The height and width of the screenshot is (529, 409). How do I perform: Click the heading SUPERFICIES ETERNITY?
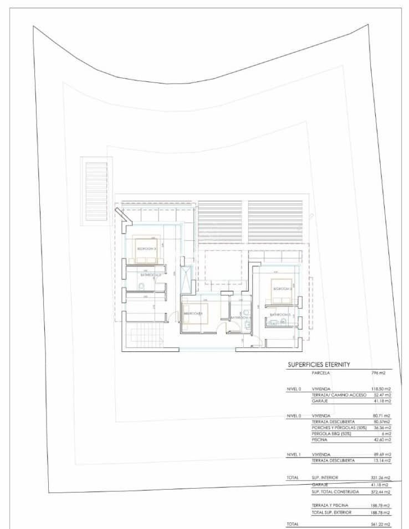pos(319,365)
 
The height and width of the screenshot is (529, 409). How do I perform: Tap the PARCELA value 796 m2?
pos(378,374)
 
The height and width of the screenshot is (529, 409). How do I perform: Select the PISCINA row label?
pos(320,440)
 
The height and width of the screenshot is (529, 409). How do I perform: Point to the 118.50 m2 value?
pos(381,389)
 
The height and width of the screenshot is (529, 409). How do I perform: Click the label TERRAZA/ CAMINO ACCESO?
pos(339,395)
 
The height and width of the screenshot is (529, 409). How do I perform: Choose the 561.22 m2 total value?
pos(381,523)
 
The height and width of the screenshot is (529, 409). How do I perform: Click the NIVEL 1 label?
pos(294,454)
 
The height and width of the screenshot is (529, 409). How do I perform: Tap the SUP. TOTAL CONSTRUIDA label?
pos(336,491)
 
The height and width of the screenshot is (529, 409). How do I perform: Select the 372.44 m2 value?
pos(381,491)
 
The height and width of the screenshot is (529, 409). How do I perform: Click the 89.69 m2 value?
pos(381,454)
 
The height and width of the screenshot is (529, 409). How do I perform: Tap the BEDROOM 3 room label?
pos(147,249)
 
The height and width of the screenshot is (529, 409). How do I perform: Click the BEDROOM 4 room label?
pos(193,314)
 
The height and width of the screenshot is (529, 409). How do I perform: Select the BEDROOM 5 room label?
pos(282,289)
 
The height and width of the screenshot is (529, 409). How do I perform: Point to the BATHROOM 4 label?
pos(241,318)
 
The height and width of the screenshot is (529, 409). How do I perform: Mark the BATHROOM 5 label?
pos(280,315)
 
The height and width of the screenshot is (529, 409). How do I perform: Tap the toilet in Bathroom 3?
pos(142,286)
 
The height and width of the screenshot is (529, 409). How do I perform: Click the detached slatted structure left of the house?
pos(95,191)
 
